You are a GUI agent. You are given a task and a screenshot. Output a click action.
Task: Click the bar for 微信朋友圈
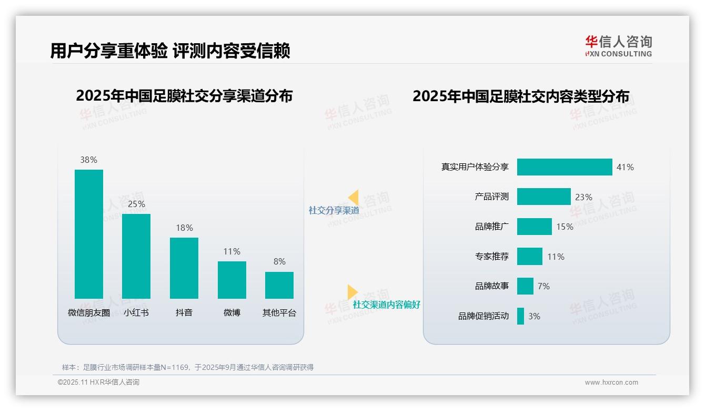point(88,234)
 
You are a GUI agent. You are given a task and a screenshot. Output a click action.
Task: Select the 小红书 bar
point(136,256)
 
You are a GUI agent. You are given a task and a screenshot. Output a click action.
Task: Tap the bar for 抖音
point(184,268)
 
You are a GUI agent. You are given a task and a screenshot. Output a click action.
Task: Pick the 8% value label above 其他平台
point(279,261)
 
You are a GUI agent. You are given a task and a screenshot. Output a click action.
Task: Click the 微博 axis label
point(231,312)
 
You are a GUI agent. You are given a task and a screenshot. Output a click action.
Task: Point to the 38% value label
point(88,160)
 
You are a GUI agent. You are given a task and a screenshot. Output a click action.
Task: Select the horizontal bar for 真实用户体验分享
point(565,167)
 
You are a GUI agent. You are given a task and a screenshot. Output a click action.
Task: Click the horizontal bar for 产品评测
point(543,197)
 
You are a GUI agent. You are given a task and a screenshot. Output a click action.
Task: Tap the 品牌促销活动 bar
point(520,316)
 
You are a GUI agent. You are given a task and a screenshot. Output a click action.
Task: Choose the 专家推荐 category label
point(491,257)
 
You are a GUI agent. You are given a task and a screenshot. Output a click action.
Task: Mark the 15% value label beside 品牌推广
point(565,227)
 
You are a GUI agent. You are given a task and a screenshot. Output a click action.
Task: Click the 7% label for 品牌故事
point(543,286)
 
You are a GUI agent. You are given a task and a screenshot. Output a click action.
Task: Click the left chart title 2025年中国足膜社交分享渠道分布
point(184,96)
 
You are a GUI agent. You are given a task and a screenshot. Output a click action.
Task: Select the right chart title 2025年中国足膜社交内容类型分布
point(520,96)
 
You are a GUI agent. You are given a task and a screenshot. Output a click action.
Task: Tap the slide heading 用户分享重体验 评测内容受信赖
point(170,51)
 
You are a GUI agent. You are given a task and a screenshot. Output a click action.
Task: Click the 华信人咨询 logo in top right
point(618,46)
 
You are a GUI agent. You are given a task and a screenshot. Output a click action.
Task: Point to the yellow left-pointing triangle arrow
point(353,198)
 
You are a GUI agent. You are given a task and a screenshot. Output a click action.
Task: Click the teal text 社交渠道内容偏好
point(386,305)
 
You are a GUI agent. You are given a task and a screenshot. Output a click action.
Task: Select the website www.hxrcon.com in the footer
point(611,383)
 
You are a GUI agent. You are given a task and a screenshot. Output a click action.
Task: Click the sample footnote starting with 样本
point(187,367)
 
